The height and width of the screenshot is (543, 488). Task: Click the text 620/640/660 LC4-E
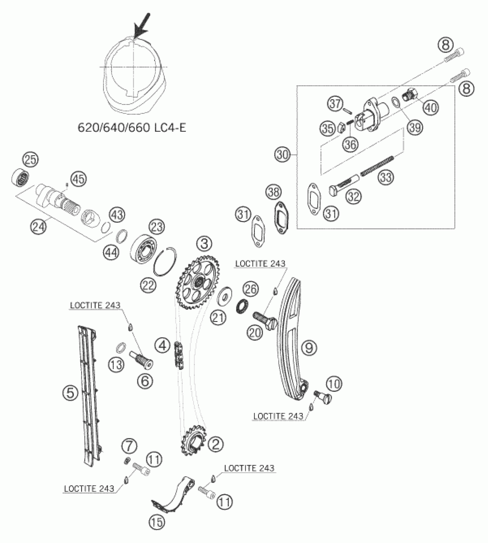pos(132,128)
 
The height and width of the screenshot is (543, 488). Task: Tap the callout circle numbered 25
pos(31,160)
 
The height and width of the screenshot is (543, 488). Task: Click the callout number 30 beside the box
pos(283,155)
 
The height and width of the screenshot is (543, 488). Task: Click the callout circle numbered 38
pos(274,192)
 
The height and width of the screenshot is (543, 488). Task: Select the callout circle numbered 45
pos(79,179)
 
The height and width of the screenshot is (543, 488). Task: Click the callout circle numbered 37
pos(335,104)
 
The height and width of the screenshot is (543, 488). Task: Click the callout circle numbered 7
pos(129,446)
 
